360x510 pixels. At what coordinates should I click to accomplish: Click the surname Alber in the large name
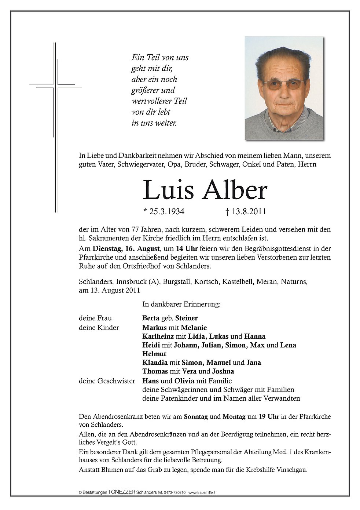click(x=235, y=191)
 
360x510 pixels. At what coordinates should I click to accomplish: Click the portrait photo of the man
click(x=284, y=88)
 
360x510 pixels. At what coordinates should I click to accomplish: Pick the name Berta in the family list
click(x=151, y=318)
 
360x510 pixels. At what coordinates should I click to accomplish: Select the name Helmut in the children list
click(x=154, y=354)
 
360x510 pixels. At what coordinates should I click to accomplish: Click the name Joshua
click(x=223, y=372)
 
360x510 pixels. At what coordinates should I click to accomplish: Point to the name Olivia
click(x=184, y=381)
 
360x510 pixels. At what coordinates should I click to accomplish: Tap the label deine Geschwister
click(x=107, y=381)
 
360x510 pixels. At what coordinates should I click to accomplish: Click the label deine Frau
click(x=95, y=318)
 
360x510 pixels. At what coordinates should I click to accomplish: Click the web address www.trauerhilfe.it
click(x=202, y=492)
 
